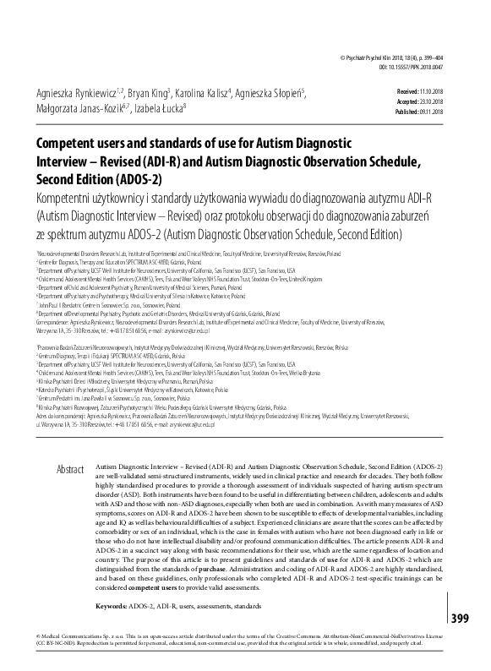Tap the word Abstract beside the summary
(x=70, y=467)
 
